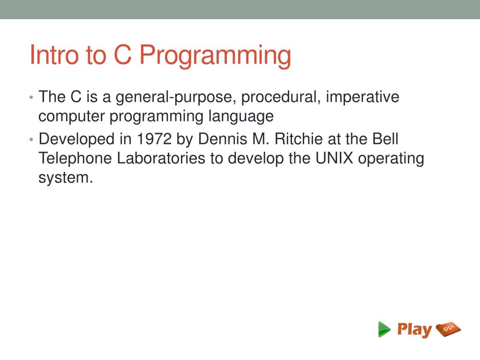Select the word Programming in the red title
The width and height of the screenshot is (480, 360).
(215, 56)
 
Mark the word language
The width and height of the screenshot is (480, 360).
(241, 116)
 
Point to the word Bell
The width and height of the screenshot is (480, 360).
(385, 139)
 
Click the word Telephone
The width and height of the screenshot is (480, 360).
(75, 158)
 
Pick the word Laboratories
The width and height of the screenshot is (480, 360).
(161, 158)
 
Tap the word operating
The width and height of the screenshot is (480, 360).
(391, 159)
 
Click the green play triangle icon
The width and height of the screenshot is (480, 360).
(384, 330)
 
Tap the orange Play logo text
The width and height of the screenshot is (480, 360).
(414, 330)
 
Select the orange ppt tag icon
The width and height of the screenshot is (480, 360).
(448, 330)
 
